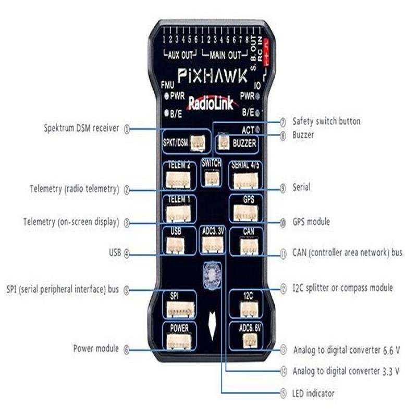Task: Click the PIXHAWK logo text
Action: point(213,77)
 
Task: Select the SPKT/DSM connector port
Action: point(197,141)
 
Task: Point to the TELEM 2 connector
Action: point(178,180)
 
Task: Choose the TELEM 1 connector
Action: point(178,213)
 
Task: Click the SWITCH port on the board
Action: point(211,177)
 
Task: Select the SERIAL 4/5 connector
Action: point(244,180)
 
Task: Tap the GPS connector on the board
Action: point(244,213)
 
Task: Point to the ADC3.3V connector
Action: point(212,244)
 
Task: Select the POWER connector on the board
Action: point(177,342)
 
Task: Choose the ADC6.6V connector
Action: point(250,341)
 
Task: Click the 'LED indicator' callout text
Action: point(313,393)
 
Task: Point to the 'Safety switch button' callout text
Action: point(326,121)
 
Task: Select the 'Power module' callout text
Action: point(96,348)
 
